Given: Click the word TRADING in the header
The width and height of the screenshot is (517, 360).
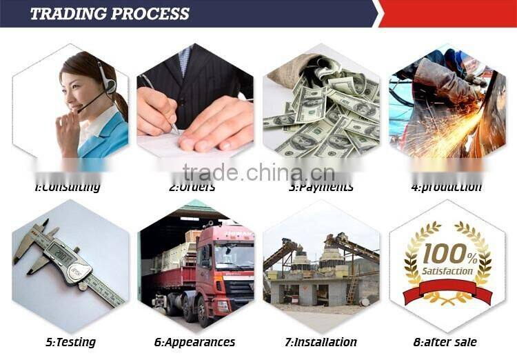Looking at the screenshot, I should coord(67,13).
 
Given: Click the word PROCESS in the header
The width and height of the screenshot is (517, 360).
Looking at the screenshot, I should coord(148,13).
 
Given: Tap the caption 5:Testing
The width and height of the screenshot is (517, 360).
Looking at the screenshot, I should coord(70,342).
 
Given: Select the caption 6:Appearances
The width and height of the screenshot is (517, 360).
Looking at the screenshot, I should coord(195,342).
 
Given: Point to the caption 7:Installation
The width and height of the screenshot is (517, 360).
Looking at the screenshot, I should coord(321,342).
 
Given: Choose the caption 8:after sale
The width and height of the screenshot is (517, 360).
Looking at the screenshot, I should coord(446,342).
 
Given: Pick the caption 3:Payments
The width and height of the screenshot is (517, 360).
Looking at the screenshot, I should coord(321,187).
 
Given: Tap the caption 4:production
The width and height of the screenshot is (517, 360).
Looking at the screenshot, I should coord(446,187).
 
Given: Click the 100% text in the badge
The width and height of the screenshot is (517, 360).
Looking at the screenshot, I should coord(449,255).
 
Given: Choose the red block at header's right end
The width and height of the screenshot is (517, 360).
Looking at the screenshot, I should coord(448,13).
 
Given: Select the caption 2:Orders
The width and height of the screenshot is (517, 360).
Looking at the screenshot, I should coord(192,187).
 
